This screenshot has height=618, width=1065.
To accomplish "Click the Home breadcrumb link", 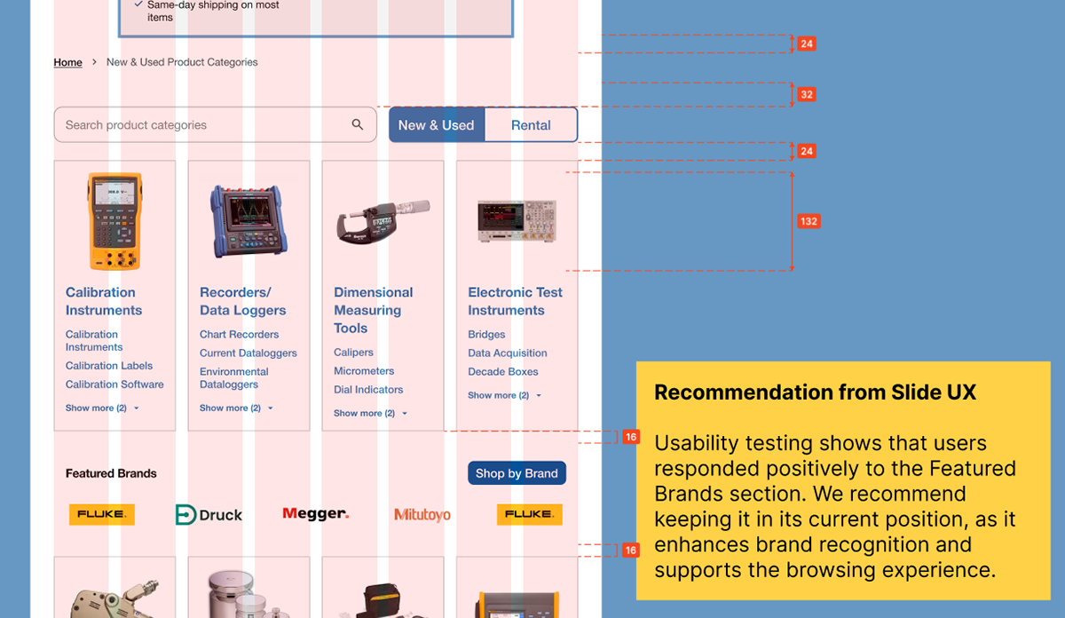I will pyautogui.click(x=67, y=62).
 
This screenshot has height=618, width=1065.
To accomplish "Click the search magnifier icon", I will pyautogui.click(x=358, y=124).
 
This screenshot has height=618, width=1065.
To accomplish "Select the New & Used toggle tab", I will pyautogui.click(x=437, y=125).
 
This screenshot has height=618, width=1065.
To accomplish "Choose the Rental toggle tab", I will pyautogui.click(x=531, y=125).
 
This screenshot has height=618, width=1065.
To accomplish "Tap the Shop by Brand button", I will pyautogui.click(x=517, y=473).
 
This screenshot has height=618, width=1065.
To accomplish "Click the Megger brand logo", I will pyautogui.click(x=315, y=514).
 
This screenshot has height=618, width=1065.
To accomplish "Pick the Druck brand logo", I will pyautogui.click(x=209, y=515).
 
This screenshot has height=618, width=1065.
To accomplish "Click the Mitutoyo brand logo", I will pyautogui.click(x=422, y=515).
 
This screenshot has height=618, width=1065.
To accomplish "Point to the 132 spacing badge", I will pyautogui.click(x=808, y=221).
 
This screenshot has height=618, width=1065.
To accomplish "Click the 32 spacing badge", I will pyautogui.click(x=806, y=94).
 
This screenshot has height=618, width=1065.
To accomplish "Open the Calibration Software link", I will pyautogui.click(x=114, y=384).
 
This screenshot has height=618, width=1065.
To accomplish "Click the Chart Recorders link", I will pyautogui.click(x=239, y=335).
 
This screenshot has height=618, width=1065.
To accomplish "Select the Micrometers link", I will pyautogui.click(x=364, y=371).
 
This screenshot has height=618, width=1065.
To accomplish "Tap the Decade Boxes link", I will pyautogui.click(x=503, y=372).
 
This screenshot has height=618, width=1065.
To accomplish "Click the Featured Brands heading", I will pyautogui.click(x=111, y=473).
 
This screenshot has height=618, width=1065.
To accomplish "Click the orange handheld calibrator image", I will pyautogui.click(x=114, y=221).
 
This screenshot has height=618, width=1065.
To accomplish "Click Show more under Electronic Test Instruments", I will pyautogui.click(x=503, y=395).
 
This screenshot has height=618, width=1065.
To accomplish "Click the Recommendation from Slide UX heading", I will pyautogui.click(x=815, y=392).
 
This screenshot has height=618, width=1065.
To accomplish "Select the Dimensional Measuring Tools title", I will pyautogui.click(x=373, y=310).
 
